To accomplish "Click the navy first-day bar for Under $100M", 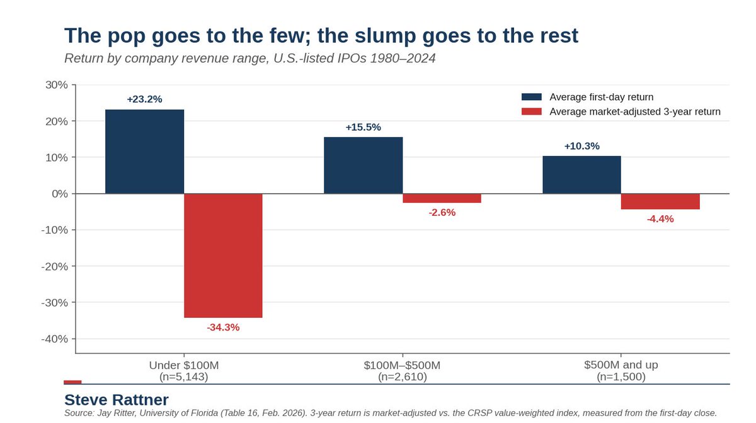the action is pyautogui.click(x=144, y=152).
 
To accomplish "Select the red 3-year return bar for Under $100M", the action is pyautogui.click(x=223, y=256).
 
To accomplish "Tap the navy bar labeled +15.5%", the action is pyautogui.click(x=363, y=166).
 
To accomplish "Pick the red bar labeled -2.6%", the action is pyautogui.click(x=442, y=198).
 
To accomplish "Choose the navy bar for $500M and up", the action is pyautogui.click(x=582, y=175).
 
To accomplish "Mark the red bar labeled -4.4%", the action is pyautogui.click(x=660, y=201).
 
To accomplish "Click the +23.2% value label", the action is pyautogui.click(x=144, y=99).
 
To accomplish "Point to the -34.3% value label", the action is pyautogui.click(x=223, y=327).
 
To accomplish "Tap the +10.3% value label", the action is pyautogui.click(x=582, y=146).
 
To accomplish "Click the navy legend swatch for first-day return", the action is pyautogui.click(x=532, y=97).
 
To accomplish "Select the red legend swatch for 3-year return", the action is pyautogui.click(x=532, y=111).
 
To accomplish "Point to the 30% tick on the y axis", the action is pyautogui.click(x=56, y=85).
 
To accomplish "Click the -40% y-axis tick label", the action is pyautogui.click(x=54, y=339).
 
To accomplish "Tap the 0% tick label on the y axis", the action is pyautogui.click(x=60, y=194).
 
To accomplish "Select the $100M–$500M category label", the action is pyautogui.click(x=402, y=365).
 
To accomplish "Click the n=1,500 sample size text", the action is pyautogui.click(x=621, y=377).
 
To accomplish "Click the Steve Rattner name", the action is pyautogui.click(x=117, y=400).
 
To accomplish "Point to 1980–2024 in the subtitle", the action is pyautogui.click(x=403, y=59).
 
